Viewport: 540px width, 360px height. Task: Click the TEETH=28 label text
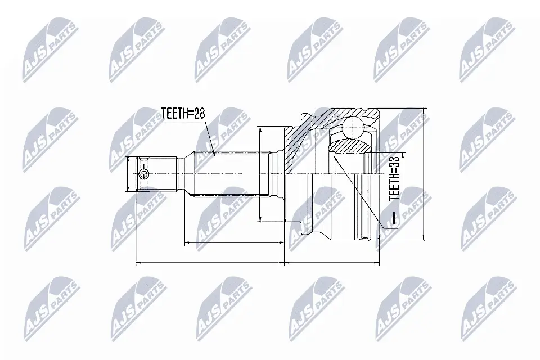pyautogui.click(x=183, y=114)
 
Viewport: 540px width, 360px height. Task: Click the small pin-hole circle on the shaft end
pyautogui.click(x=143, y=175)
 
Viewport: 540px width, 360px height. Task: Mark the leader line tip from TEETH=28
pyautogui.click(x=214, y=153)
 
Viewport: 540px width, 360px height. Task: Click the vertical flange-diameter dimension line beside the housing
pyautogui.click(x=260, y=174)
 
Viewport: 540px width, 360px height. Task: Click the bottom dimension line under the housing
pyautogui.click(x=332, y=262)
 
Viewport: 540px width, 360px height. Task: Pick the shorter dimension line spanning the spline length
pyautogui.click(x=233, y=244)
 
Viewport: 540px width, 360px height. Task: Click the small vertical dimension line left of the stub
pyautogui.click(x=128, y=175)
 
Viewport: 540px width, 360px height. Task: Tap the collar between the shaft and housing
pyautogui.click(x=276, y=174)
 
